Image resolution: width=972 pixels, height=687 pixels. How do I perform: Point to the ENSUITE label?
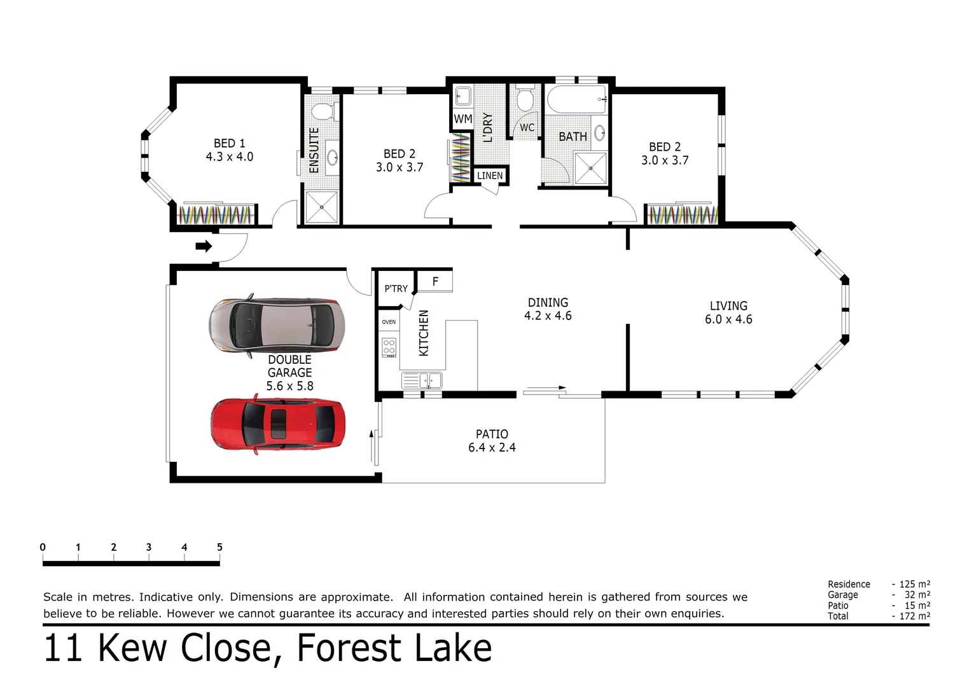pos(314,150)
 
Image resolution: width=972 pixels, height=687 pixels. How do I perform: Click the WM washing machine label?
pos(462,119)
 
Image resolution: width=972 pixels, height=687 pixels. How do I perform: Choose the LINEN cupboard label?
pos(490,176)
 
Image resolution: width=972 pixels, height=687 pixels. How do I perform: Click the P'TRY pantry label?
pos(396,289)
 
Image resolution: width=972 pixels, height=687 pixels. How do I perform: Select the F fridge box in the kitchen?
pos(435,281)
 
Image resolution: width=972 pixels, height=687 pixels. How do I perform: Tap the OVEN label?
pos(389,322)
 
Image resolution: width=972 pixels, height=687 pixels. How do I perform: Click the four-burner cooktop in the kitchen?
pos(389,347)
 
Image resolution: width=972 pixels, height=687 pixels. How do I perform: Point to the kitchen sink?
pos(422,381)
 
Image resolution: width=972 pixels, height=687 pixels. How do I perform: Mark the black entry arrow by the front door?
pos(204,246)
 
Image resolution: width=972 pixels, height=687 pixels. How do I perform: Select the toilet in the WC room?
pos(525,99)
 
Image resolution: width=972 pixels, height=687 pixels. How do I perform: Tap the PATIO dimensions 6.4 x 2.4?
pos(492,448)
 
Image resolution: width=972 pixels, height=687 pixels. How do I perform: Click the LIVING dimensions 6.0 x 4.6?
pos(728,319)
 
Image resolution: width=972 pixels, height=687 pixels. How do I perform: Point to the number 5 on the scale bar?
pos(219,547)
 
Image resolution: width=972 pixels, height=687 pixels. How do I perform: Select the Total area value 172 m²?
pos(914,616)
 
